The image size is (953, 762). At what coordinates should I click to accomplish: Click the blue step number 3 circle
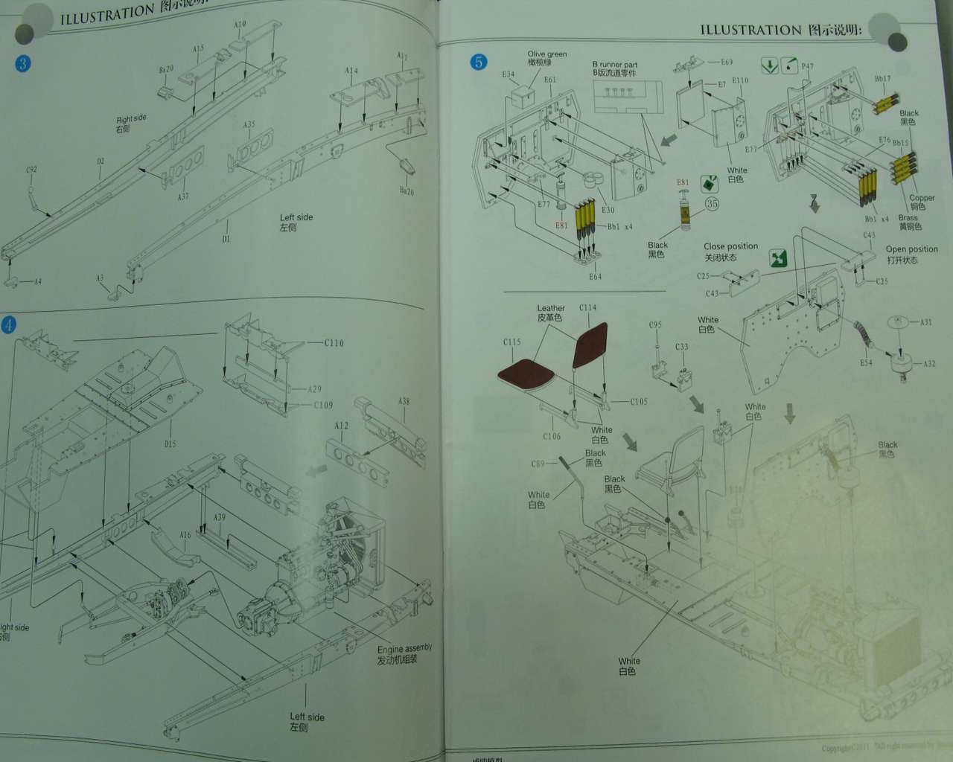point(22,63)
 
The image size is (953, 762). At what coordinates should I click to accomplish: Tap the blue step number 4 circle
point(8,325)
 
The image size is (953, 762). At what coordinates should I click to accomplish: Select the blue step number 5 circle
point(478,62)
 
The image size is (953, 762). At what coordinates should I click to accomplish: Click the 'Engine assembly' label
point(404,650)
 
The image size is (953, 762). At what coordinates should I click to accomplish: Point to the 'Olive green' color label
point(547,54)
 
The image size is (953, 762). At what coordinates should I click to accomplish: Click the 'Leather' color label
point(551,308)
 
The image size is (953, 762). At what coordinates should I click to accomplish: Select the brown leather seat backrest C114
point(590,345)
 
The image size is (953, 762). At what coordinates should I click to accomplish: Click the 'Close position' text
point(730,246)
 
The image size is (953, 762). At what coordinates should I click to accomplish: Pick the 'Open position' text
point(911,249)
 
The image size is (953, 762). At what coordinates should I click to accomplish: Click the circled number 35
point(712,204)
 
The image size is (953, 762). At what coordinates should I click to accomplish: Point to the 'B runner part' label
point(614,65)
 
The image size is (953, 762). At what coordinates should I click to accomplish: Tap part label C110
point(334,343)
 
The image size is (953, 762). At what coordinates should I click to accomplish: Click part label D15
point(170,444)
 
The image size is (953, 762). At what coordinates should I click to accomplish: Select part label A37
point(183,196)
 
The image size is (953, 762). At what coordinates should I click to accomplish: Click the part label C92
point(31,170)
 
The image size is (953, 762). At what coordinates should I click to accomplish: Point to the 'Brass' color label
point(908,218)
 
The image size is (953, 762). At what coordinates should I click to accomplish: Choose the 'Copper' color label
point(922,198)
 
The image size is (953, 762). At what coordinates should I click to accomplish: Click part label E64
point(595,277)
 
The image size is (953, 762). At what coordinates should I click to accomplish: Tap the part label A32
point(929,364)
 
